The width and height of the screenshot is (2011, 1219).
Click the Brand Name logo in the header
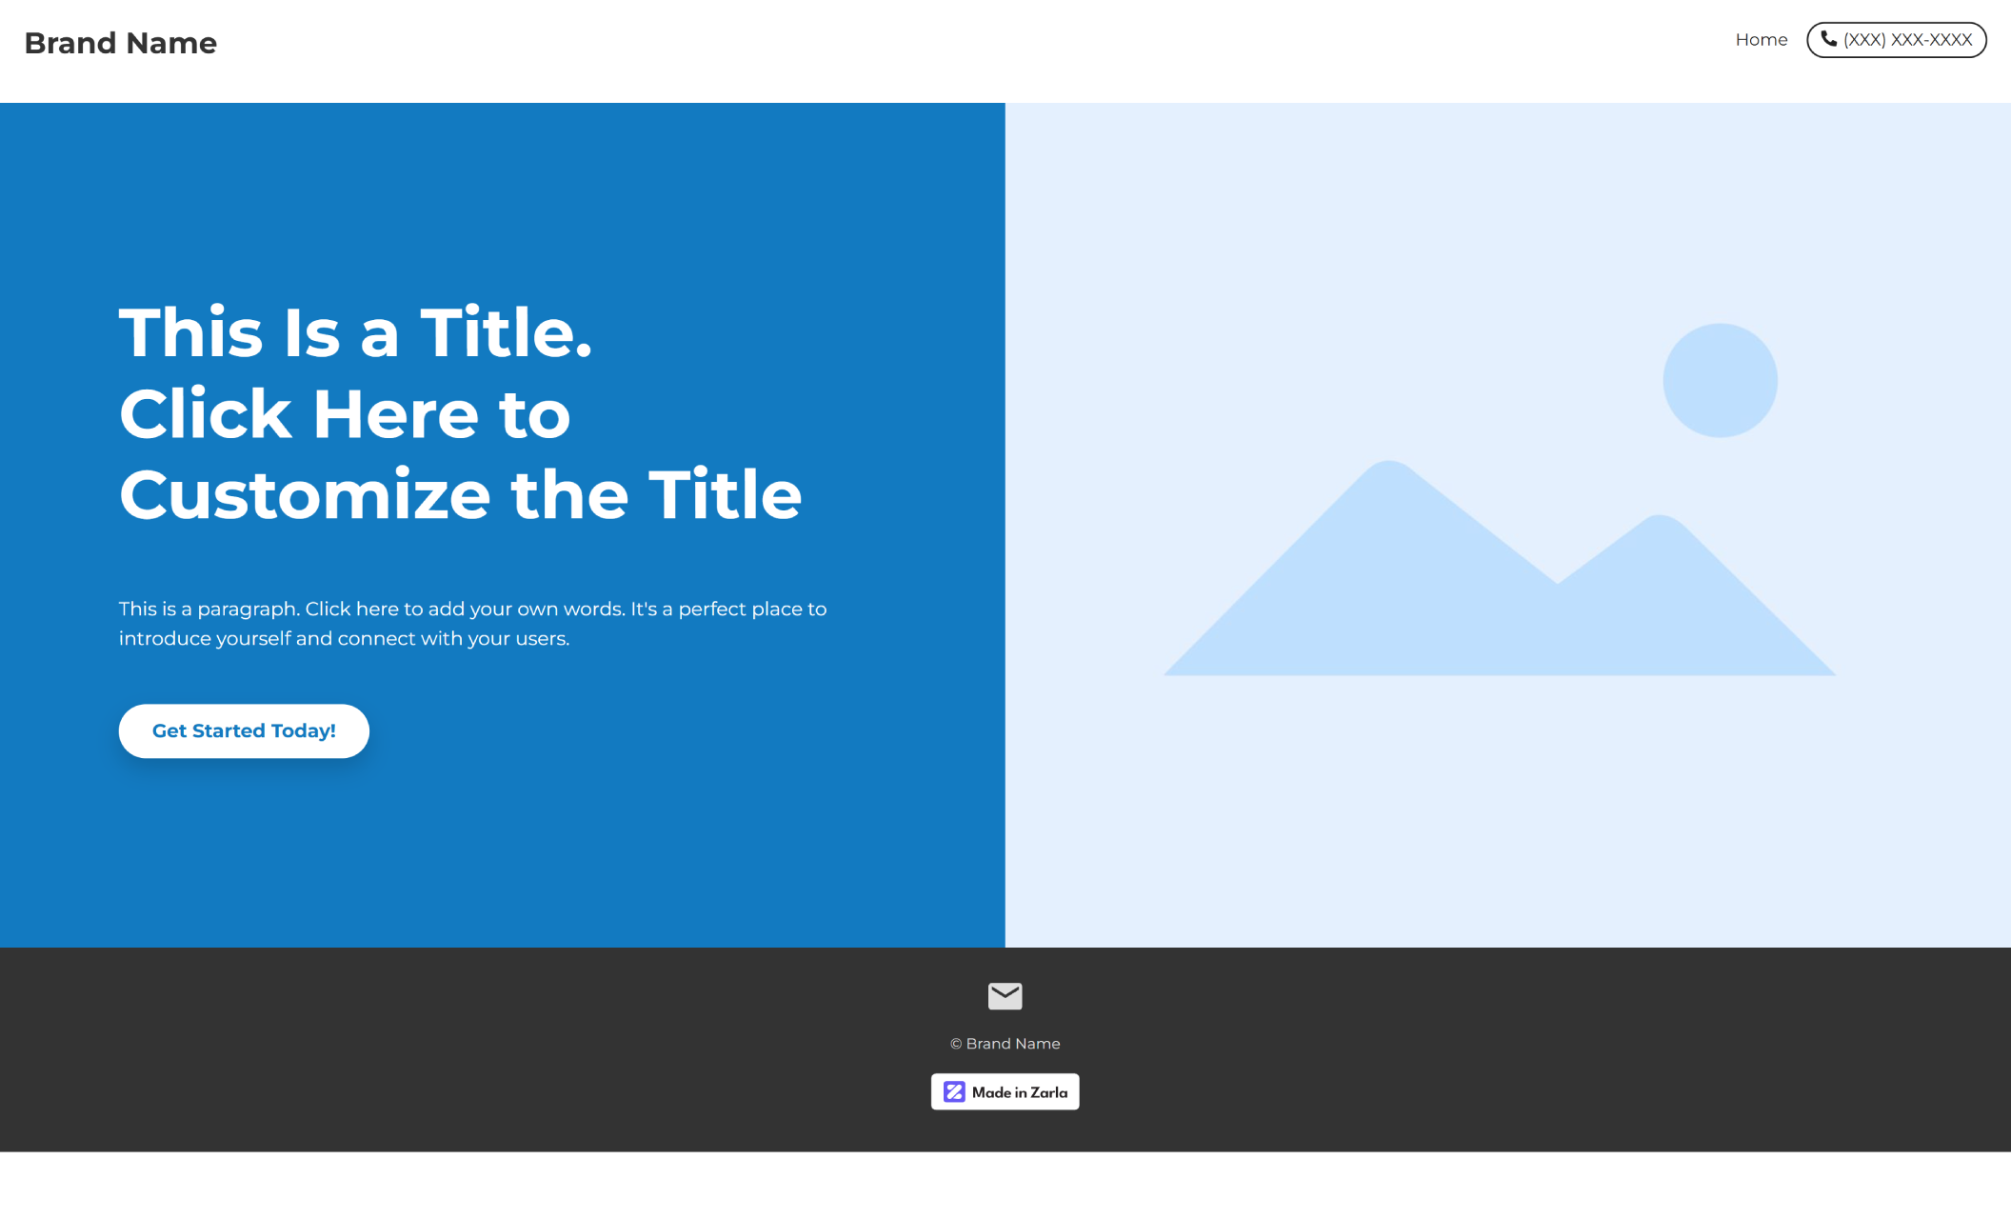(120, 43)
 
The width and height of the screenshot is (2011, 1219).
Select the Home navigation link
(1761, 40)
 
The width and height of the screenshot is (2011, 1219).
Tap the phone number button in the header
(1896, 40)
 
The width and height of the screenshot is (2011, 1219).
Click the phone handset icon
(1828, 39)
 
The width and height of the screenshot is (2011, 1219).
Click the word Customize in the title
(305, 495)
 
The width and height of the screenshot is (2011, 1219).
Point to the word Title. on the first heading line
(506, 333)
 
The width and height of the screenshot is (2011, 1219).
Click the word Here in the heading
(395, 414)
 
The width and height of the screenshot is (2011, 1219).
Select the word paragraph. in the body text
(248, 609)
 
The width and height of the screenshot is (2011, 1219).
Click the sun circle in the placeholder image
(1720, 381)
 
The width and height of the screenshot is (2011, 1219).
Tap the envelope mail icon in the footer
(1005, 996)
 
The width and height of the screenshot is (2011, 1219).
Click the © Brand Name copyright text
(1005, 1044)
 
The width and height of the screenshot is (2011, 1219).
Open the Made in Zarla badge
(1005, 1092)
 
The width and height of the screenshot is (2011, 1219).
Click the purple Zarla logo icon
(954, 1092)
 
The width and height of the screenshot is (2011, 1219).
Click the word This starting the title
(190, 333)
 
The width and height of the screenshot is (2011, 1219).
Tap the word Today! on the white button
(303, 731)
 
